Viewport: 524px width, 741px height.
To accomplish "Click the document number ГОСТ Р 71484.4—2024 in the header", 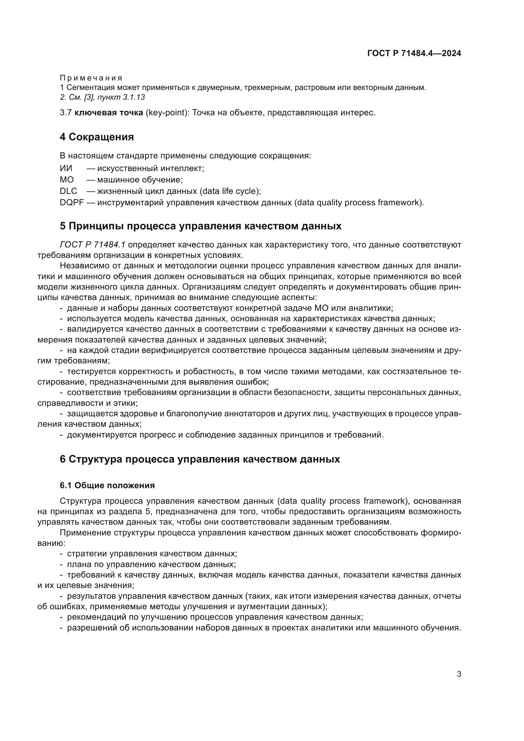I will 414,53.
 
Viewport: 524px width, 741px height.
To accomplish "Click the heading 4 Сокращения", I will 97,137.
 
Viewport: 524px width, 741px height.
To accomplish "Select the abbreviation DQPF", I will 72,203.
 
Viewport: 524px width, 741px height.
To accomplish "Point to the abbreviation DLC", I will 68,191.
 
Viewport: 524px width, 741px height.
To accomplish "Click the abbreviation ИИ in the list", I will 66,168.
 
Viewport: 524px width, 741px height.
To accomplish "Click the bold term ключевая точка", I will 109,113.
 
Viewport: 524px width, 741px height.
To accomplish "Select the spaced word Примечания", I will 91,78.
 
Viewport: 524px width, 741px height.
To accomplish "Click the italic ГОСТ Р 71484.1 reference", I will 93,245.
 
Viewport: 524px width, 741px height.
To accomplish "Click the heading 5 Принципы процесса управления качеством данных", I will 200,226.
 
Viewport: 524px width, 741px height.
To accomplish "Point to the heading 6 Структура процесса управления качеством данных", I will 200,459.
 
